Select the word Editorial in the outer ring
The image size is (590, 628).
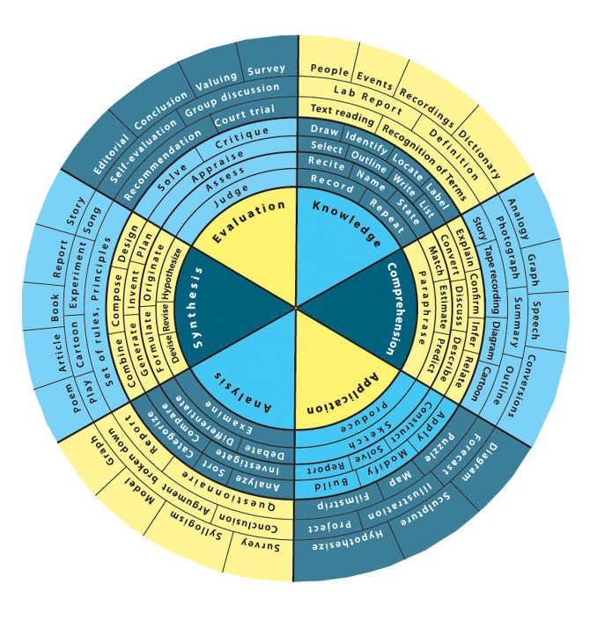click(93, 151)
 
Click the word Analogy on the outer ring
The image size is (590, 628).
click(517, 208)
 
